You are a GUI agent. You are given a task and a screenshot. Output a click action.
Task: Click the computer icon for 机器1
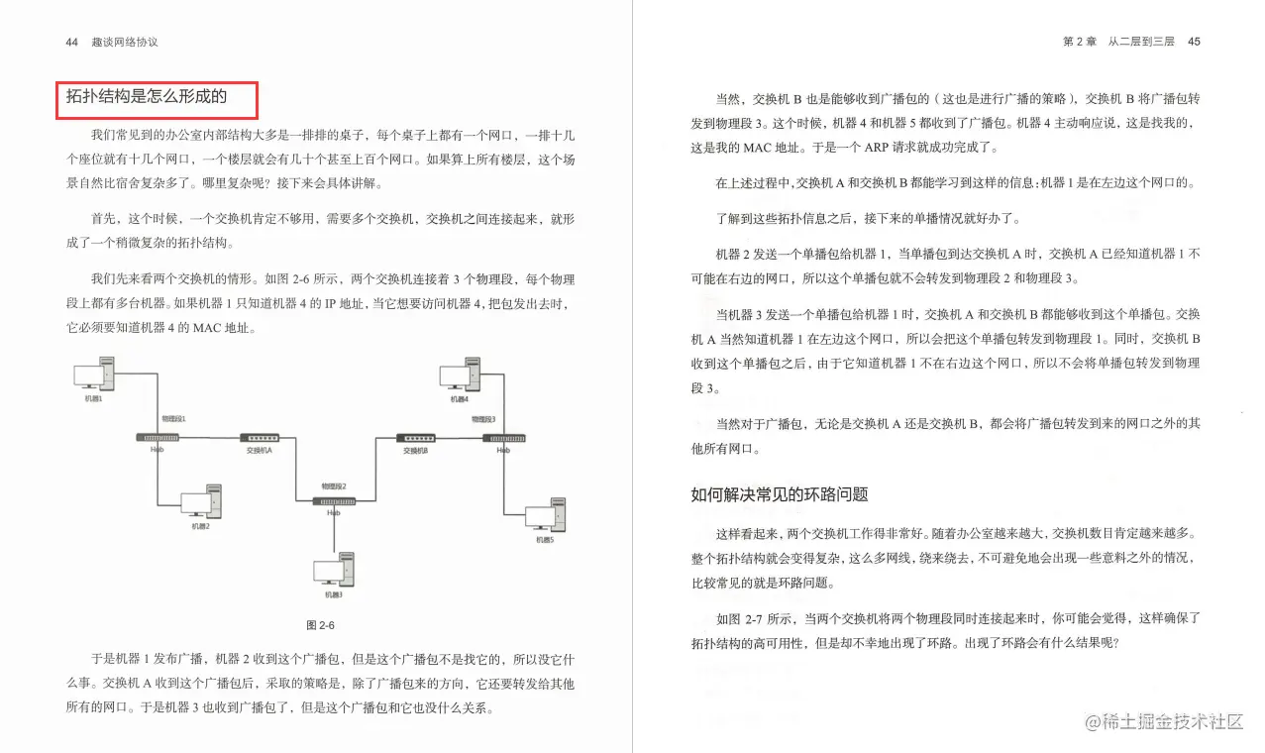coord(95,377)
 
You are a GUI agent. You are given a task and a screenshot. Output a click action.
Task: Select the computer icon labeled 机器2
coord(201,502)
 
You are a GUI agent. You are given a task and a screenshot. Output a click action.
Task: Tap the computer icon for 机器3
coord(334,572)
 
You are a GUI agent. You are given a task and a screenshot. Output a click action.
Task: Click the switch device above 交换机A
coord(259,438)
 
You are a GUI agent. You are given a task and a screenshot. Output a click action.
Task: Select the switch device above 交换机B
coord(415,438)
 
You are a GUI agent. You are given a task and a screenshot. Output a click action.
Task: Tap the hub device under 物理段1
coord(157,438)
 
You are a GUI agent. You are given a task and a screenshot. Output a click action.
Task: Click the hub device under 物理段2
coord(334,501)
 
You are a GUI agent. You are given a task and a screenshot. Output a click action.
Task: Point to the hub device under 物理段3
coord(503,438)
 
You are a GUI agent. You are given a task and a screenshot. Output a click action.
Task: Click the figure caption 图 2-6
coord(321,625)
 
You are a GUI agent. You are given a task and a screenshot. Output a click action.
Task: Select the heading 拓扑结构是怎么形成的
coord(147,97)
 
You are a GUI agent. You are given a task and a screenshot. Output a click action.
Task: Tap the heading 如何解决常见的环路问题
coord(780,494)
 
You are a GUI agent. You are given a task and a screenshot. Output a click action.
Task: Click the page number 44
coord(71,43)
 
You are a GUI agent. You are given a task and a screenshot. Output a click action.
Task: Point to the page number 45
coord(1194,43)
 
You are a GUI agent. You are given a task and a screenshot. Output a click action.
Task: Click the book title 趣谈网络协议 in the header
coord(125,43)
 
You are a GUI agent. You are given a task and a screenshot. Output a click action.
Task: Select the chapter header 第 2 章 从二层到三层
coord(1117,43)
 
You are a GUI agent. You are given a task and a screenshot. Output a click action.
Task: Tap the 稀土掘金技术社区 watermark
coord(1165,722)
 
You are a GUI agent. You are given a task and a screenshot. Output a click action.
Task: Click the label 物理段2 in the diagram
coord(334,486)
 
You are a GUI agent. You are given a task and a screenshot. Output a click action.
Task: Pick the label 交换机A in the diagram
coord(259,451)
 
